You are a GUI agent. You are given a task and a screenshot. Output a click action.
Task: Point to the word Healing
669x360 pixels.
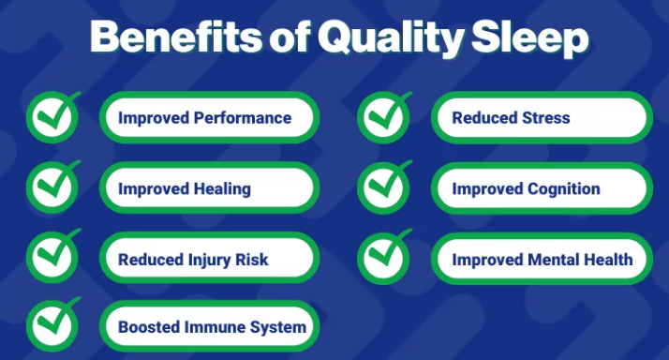(x=222, y=188)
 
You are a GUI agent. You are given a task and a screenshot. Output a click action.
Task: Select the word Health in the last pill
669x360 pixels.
(x=609, y=259)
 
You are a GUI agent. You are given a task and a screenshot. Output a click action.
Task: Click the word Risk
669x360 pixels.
(x=253, y=260)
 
